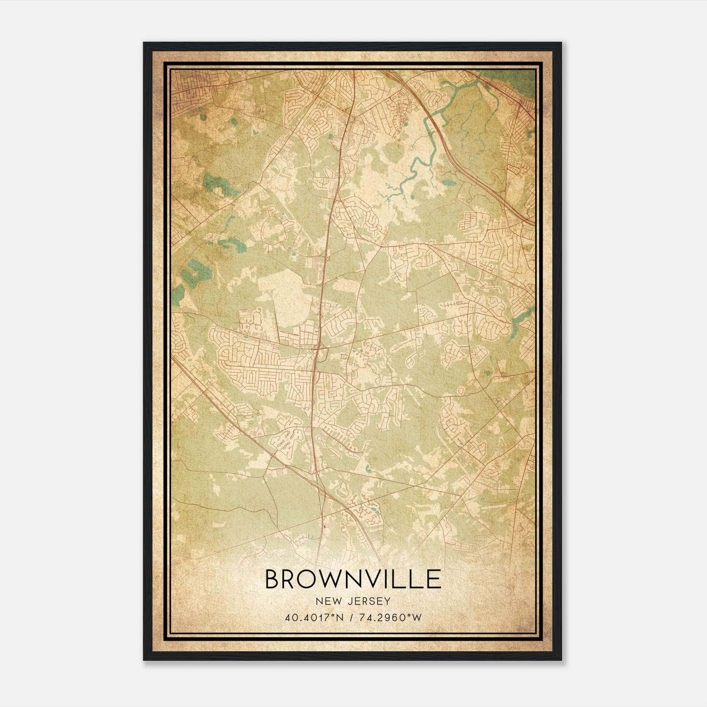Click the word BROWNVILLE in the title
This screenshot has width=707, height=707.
(x=353, y=579)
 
